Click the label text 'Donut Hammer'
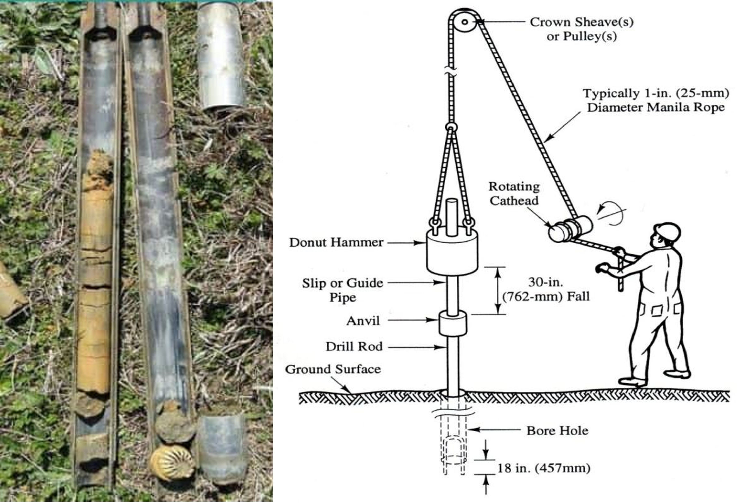pyautogui.click(x=336, y=242)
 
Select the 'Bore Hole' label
pyautogui.click(x=557, y=431)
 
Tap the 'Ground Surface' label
pyautogui.click(x=333, y=369)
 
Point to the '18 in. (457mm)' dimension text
pyautogui.click(x=544, y=468)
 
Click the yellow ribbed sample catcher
pyautogui.click(x=172, y=462)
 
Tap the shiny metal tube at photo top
pyautogui.click(x=221, y=56)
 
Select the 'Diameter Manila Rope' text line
pyautogui.click(x=656, y=107)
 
